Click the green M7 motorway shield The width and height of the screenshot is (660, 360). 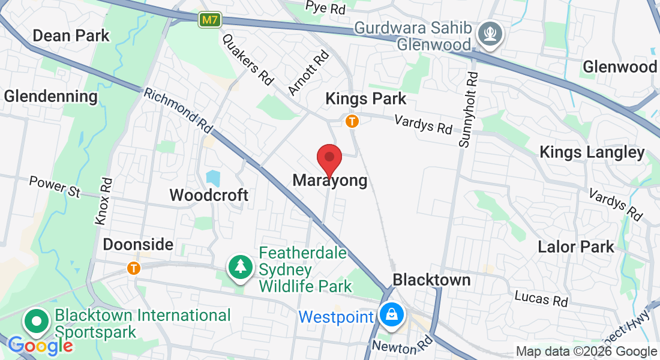point(209,20)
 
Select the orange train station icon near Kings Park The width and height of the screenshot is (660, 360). point(352,121)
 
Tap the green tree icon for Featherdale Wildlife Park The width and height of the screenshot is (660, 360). point(241,268)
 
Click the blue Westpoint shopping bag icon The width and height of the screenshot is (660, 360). point(391,314)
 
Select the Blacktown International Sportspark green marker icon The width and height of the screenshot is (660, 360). point(37,322)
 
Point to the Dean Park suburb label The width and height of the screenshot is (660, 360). point(71,35)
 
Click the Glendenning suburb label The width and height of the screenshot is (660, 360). point(50,96)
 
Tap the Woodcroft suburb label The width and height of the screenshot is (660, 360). point(209,195)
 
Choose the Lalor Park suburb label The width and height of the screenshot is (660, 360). point(576,247)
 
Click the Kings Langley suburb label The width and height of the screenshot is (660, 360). point(592,152)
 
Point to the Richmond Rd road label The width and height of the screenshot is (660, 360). point(178,112)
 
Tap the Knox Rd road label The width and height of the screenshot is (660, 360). point(103,201)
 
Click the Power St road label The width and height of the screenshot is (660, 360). point(55,185)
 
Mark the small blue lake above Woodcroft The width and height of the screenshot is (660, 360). point(213,178)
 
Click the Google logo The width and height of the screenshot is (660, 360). point(40,346)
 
